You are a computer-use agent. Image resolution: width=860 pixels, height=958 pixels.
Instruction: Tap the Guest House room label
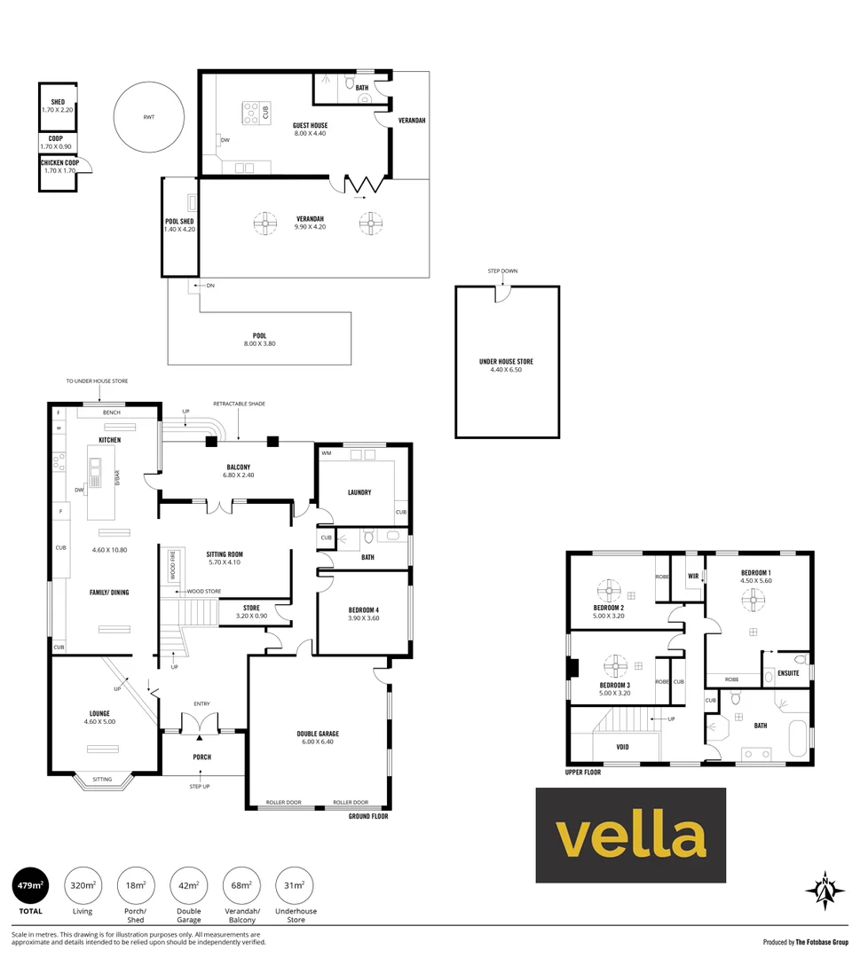pos(310,125)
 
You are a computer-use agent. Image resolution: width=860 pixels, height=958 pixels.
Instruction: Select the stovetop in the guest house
pos(250,113)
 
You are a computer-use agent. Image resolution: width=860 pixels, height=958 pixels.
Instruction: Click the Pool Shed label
pos(179,221)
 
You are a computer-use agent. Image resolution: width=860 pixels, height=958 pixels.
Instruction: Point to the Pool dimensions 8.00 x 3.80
pos(260,344)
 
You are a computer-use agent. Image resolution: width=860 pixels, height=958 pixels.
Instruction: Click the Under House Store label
pos(506,362)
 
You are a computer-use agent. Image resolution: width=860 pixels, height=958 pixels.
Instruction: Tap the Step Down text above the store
pos(502,271)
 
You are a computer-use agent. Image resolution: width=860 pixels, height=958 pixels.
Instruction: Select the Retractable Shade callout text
pos(239,404)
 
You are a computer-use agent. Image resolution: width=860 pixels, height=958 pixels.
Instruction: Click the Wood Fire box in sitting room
pos(172,565)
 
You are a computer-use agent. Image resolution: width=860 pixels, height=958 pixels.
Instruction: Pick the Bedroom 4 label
pos(364,609)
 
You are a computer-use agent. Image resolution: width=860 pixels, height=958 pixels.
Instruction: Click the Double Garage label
pos(318,734)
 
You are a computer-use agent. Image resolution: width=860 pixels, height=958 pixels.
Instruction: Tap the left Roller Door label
pos(284,802)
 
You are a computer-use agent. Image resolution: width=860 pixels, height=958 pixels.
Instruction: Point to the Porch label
pos(201,757)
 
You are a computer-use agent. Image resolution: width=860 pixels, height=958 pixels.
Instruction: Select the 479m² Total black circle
pos(30,885)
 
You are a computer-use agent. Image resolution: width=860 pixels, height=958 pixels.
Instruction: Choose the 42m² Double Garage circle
pos(188,885)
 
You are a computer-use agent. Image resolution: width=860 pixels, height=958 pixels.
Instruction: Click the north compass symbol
pos(825,891)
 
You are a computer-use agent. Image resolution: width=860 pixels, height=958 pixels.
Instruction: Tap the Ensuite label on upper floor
pos(788,673)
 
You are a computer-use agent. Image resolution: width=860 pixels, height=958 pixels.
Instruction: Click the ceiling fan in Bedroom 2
pos(609,591)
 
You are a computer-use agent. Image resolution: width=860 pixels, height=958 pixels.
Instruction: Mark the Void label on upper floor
pos(622,747)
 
